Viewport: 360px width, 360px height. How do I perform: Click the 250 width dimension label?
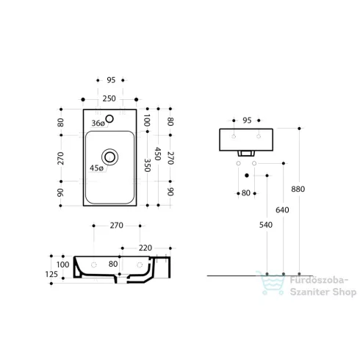point(109,98)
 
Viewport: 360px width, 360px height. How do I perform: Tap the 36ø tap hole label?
point(98,123)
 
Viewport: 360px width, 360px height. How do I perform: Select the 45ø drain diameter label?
point(96,168)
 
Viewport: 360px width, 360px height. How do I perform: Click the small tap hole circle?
point(109,119)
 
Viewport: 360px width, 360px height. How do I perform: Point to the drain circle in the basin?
point(109,157)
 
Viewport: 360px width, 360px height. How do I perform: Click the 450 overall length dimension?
point(158,154)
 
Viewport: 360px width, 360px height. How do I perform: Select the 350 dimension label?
point(147,165)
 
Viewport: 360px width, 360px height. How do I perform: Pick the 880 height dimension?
point(298,189)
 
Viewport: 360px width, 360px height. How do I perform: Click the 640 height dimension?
point(282,210)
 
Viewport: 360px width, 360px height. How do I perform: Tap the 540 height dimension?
point(266,225)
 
